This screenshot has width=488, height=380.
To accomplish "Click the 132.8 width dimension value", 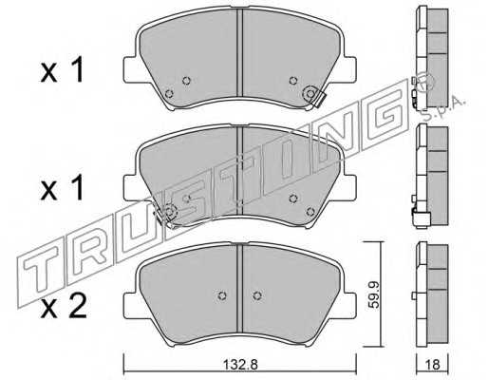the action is pyautogui.click(x=240, y=365).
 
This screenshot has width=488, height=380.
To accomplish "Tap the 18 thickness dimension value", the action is pyautogui.click(x=433, y=365).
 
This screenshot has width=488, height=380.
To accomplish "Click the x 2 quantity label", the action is pyautogui.click(x=64, y=306).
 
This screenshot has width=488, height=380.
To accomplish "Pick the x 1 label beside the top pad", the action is pyautogui.click(x=63, y=69).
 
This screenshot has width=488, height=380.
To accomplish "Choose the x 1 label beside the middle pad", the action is pyautogui.click(x=63, y=188).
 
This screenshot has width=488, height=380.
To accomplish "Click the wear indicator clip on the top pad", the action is pyautogui.click(x=318, y=100).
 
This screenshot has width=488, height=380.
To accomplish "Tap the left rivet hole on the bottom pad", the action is pyautogui.click(x=222, y=295).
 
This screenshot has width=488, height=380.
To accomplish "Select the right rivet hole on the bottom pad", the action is pyautogui.click(x=257, y=295).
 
